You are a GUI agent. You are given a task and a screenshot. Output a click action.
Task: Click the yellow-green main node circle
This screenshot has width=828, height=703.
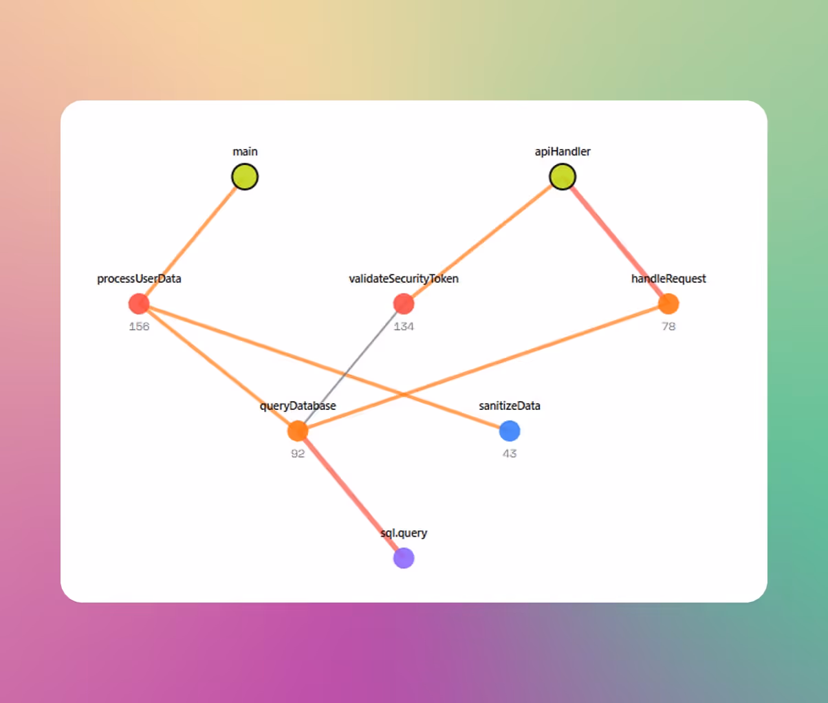coord(245,177)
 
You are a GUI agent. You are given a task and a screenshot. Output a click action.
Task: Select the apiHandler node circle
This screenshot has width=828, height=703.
coord(563,177)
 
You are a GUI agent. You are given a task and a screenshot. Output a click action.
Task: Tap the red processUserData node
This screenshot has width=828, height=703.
coord(139,303)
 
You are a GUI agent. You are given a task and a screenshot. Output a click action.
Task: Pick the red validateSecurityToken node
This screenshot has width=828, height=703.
coord(404,303)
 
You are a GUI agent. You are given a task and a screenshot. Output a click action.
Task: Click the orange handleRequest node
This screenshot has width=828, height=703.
coord(668,303)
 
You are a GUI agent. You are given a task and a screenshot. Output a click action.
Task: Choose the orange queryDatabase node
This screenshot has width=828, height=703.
coord(298,431)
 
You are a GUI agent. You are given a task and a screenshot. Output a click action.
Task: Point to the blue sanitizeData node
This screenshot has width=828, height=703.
coord(510,431)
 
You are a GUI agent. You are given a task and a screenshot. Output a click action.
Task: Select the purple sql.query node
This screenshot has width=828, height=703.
coord(404,558)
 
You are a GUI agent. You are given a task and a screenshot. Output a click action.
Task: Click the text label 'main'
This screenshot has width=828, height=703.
coord(245,151)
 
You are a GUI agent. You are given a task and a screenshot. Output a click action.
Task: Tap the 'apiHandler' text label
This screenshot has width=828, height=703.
coord(563,151)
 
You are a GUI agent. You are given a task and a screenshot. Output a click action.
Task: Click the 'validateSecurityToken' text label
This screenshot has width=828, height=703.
coord(404,279)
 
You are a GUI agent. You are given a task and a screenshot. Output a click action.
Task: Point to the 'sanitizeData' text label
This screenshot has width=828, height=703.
coord(510,406)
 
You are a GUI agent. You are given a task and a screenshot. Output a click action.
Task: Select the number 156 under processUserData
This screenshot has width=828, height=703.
coord(139,326)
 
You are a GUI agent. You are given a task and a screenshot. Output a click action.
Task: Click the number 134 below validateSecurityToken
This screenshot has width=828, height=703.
coord(404,326)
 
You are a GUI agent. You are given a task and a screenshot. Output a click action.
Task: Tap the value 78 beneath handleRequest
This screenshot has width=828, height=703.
coord(668,326)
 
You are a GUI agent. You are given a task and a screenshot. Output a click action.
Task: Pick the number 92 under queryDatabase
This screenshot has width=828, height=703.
coord(298,453)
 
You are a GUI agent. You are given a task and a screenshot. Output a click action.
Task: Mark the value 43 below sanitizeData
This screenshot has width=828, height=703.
coord(510,453)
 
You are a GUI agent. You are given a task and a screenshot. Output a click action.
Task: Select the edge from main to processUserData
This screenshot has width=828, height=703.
coord(192,240)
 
